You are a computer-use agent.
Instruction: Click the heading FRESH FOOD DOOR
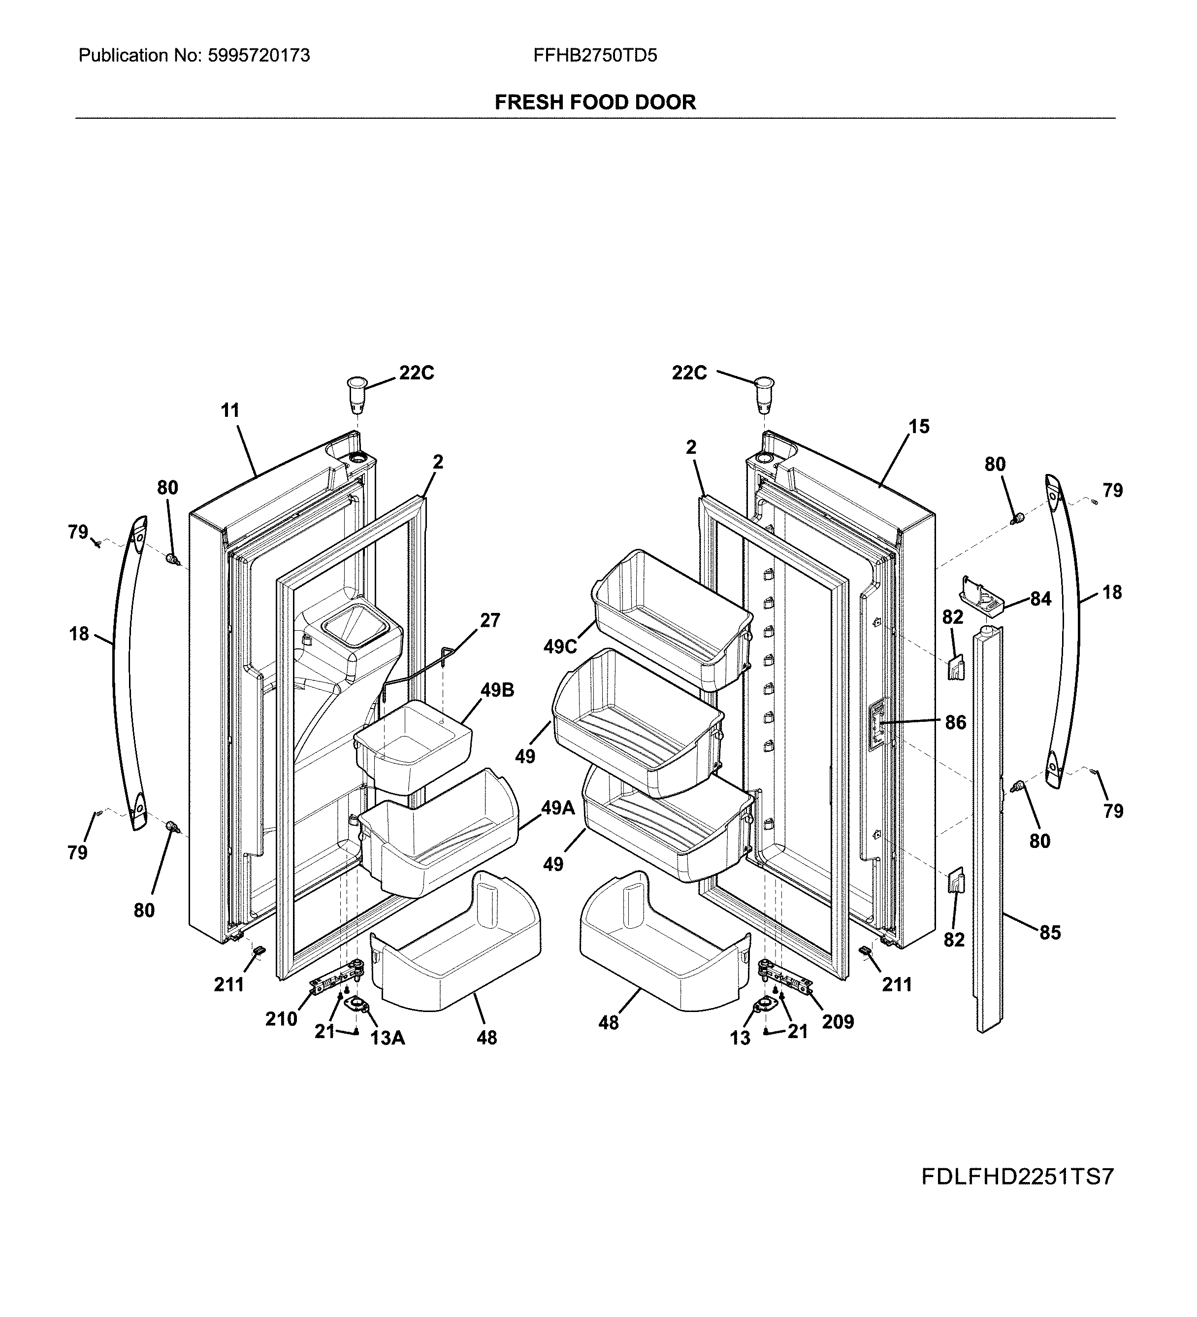click(x=595, y=102)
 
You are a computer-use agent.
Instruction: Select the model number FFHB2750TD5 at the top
click(x=595, y=56)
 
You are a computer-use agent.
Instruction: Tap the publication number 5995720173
click(x=259, y=56)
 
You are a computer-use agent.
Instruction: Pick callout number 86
click(x=955, y=722)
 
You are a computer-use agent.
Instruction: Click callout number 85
click(x=1050, y=932)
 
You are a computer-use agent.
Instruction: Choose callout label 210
click(x=281, y=1019)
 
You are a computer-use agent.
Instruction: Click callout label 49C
click(x=560, y=647)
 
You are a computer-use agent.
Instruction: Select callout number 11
click(x=230, y=410)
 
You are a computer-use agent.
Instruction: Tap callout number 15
click(x=919, y=427)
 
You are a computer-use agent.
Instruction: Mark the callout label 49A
click(x=558, y=808)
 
